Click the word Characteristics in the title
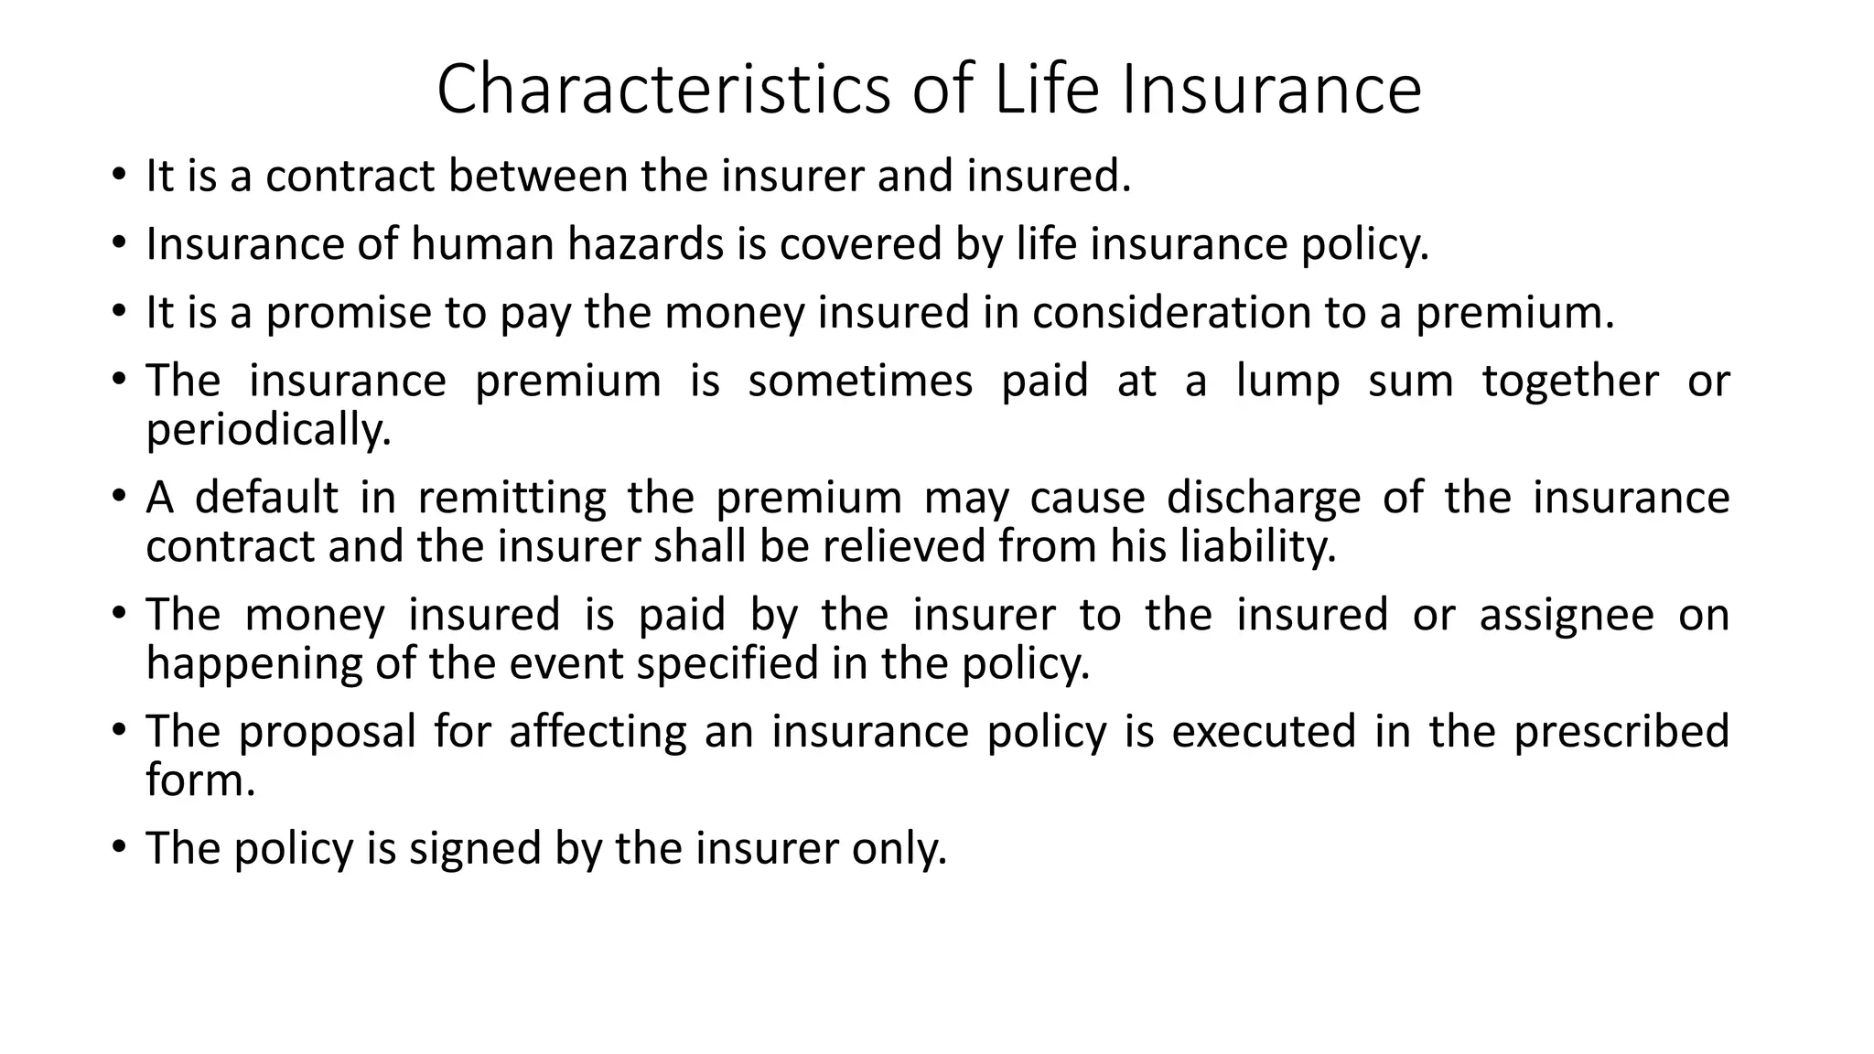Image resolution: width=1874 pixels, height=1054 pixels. [663, 89]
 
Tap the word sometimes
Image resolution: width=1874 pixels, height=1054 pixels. [860, 381]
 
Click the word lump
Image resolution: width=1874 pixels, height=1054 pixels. [1287, 381]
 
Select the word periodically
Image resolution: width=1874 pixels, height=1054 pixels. [269, 430]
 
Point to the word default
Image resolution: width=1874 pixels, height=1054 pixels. [267, 499]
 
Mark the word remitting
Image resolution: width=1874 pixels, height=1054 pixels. [512, 499]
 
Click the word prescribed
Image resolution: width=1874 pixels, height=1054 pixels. [1621, 732]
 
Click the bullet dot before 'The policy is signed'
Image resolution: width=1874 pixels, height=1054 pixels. [118, 848]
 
